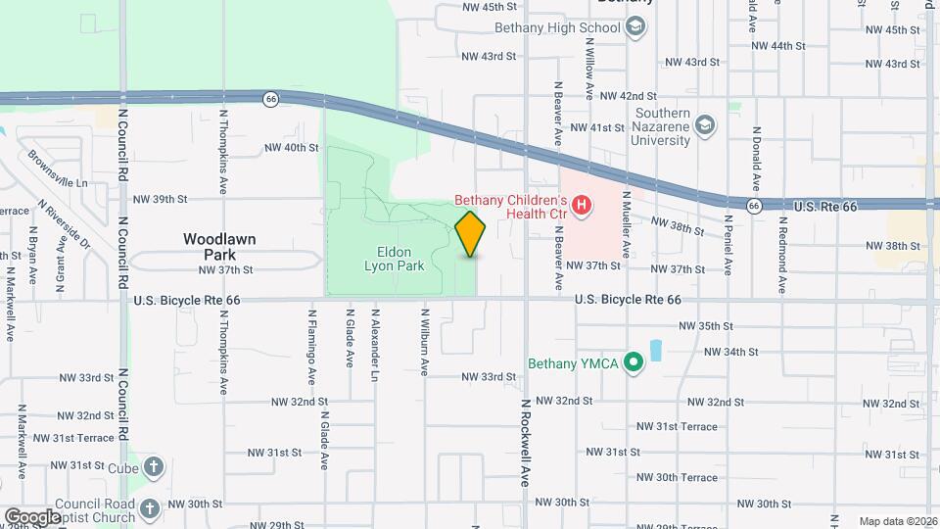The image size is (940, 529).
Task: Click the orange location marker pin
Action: [x=471, y=233]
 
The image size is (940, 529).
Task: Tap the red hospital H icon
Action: [x=582, y=205]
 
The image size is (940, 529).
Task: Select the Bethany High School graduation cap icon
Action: [x=636, y=26]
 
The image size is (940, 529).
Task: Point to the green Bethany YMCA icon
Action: [x=634, y=363]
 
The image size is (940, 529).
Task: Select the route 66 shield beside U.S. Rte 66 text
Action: [x=754, y=206]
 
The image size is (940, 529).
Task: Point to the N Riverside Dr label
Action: [x=65, y=224]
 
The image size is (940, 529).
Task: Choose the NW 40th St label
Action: [x=292, y=148]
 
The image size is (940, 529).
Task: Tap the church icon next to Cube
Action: [x=155, y=466]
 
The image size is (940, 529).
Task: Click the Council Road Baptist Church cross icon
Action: [x=149, y=508]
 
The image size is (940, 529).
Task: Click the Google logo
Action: [x=32, y=516]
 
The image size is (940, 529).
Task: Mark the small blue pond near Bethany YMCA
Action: [x=655, y=348]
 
